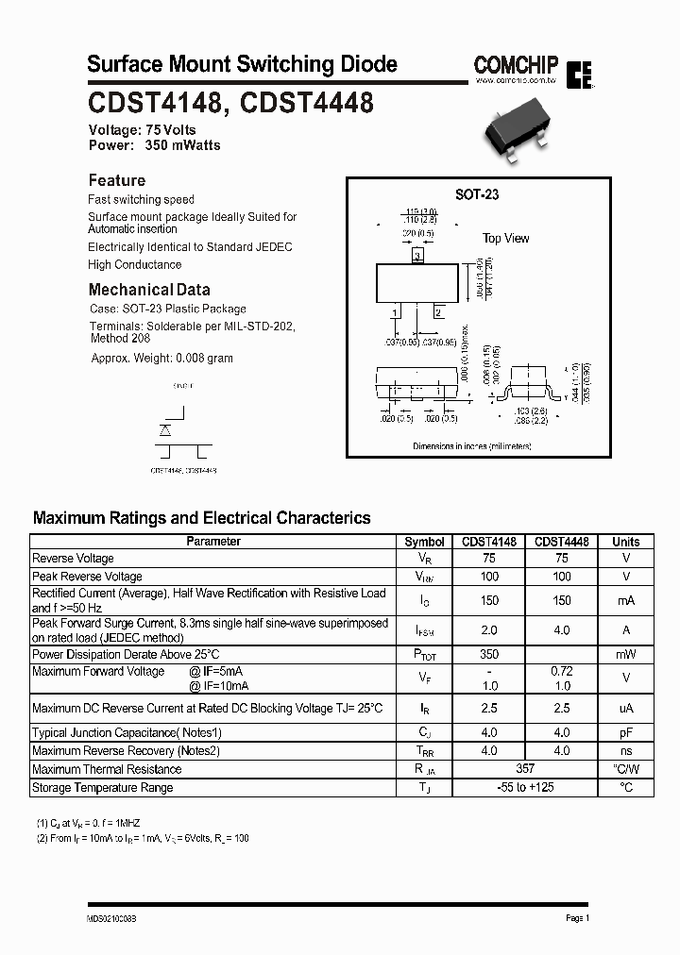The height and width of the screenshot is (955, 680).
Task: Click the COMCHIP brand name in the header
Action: pyautogui.click(x=516, y=64)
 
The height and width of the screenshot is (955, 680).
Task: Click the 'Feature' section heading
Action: pyautogui.click(x=117, y=180)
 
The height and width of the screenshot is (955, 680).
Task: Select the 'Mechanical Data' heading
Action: pyautogui.click(x=149, y=290)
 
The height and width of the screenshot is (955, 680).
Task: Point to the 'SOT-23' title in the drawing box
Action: pyautogui.click(x=477, y=194)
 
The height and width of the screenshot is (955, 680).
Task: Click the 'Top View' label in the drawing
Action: pyautogui.click(x=506, y=239)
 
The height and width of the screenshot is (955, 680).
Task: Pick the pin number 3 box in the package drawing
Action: pyautogui.click(x=417, y=256)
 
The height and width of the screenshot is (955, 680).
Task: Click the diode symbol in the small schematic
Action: pyautogui.click(x=165, y=429)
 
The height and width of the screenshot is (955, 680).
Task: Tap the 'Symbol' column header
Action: pyautogui.click(x=424, y=542)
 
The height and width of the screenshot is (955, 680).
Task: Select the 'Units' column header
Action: pyautogui.click(x=625, y=542)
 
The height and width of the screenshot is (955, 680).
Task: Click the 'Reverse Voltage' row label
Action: pyautogui.click(x=73, y=559)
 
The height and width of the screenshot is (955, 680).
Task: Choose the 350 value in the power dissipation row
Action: pyautogui.click(x=488, y=654)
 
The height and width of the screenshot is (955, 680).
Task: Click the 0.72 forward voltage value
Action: pyautogui.click(x=562, y=671)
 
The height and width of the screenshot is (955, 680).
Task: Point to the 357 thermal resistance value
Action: pyautogui.click(x=525, y=769)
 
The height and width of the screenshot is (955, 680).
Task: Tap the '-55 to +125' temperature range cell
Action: pyautogui.click(x=525, y=787)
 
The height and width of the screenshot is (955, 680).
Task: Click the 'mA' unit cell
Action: pyautogui.click(x=625, y=600)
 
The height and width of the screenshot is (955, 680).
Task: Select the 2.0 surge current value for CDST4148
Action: pyautogui.click(x=488, y=629)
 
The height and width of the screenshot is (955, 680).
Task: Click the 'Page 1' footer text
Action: pyautogui.click(x=577, y=918)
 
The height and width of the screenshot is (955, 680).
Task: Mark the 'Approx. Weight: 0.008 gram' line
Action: pyautogui.click(x=161, y=359)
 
